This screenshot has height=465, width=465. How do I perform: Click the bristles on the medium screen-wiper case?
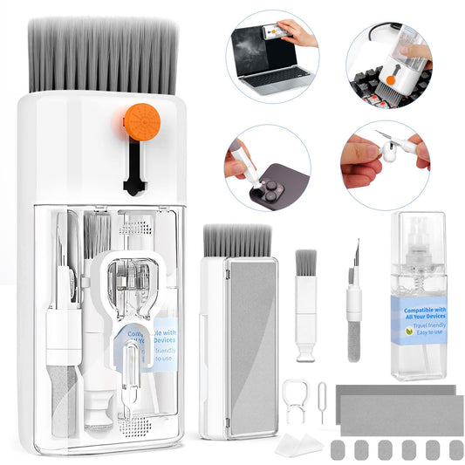[x=237, y=241]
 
